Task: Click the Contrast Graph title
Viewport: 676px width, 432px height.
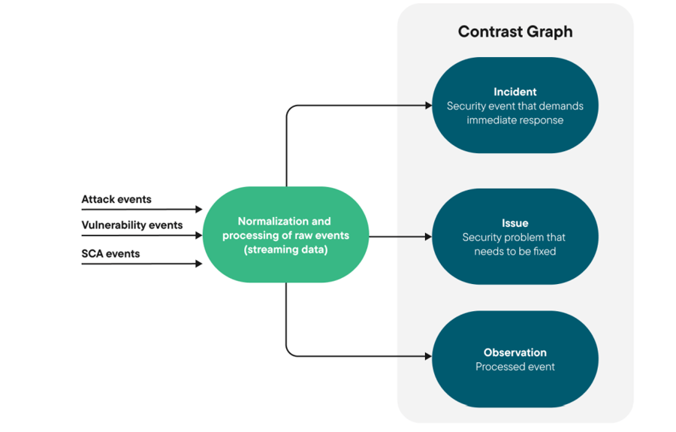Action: pos(515,32)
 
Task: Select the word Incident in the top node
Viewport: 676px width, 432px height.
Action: pos(515,92)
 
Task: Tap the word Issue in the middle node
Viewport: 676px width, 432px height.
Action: pos(515,223)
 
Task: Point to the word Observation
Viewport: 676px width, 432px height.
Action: pos(515,352)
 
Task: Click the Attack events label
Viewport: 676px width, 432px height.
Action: pos(116,200)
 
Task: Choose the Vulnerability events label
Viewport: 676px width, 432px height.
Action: pos(132,225)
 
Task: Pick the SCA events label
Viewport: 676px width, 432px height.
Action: pos(110,254)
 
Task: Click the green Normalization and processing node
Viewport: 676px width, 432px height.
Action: pos(286,235)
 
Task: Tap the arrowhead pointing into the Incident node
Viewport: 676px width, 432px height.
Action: pos(428,106)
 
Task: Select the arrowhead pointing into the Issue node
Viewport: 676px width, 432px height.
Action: pos(428,237)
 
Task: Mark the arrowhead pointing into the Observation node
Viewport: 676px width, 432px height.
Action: pos(428,356)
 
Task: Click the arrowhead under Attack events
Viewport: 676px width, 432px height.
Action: pos(199,210)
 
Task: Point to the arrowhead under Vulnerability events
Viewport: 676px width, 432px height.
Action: pos(199,235)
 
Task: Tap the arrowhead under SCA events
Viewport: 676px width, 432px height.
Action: pos(199,264)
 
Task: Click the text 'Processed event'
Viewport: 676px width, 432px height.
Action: pos(515,367)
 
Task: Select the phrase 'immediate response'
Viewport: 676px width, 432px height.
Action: pos(515,120)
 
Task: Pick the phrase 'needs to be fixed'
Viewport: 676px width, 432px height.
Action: pos(515,252)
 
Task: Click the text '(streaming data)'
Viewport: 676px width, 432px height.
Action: pos(285,249)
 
